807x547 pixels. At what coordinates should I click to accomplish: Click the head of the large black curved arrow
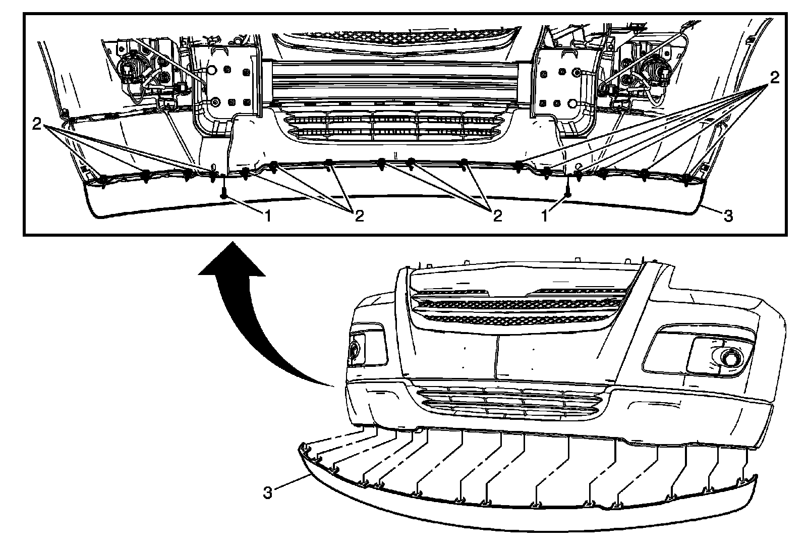point(232,262)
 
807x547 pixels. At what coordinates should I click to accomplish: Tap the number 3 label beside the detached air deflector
point(267,492)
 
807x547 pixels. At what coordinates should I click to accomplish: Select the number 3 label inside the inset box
point(728,216)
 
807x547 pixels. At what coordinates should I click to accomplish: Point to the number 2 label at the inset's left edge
point(36,124)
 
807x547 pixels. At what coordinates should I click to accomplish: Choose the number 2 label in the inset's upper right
point(774,77)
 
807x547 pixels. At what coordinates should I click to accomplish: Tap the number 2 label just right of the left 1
point(359,216)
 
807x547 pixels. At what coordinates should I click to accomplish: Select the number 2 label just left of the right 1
point(497,216)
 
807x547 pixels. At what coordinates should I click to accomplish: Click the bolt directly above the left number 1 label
point(224,193)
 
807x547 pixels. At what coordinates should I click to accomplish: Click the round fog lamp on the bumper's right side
point(729,357)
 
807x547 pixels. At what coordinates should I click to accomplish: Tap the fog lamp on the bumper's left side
point(354,349)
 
